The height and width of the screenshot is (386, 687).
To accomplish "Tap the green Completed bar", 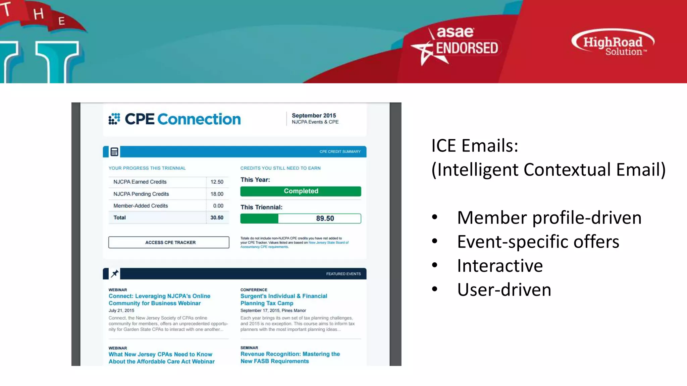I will pos(301,191).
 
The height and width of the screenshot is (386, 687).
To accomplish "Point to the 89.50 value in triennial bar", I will pos(325,218).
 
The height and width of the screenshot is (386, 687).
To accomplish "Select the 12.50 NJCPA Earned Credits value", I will pos(217,182).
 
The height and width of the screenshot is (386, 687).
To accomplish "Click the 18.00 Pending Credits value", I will pos(217,194).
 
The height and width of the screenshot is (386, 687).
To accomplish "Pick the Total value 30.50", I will pos(217,218).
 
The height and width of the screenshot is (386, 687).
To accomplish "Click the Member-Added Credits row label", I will pos(141,206).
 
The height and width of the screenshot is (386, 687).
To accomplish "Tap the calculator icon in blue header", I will pos(114,152).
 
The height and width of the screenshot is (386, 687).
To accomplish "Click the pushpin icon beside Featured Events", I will pos(115,273).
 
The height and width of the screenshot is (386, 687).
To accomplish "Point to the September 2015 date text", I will pos(314,115).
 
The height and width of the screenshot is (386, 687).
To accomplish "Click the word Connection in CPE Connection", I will pos(199,119).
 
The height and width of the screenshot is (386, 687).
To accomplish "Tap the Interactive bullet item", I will pos(499,266).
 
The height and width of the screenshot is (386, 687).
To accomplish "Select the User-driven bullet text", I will pos(504,290).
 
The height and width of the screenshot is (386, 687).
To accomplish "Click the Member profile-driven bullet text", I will pos(549,217).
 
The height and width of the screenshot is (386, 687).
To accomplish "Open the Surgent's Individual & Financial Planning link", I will pos(283,300).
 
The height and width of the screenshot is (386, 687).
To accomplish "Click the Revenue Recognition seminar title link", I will pos(290,358).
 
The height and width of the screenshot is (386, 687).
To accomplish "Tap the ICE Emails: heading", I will pos(475,145).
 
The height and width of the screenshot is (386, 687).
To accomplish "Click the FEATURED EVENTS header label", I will pos(343,274).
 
